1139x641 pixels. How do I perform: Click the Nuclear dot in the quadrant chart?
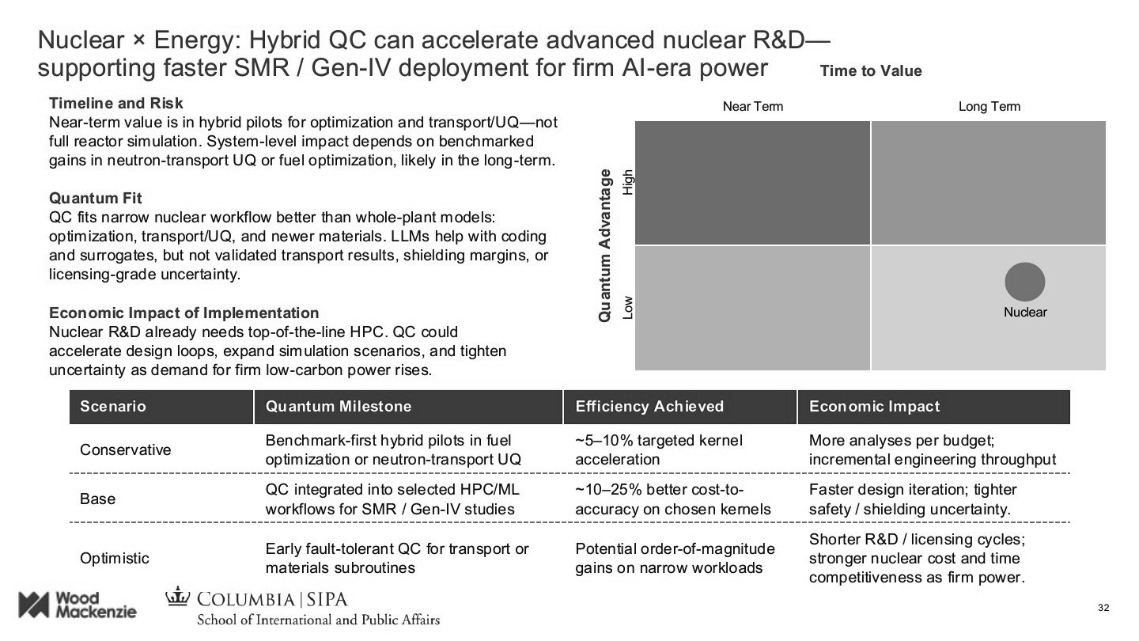point(1024,282)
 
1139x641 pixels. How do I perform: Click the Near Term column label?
point(752,107)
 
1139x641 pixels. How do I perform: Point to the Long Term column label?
point(989,107)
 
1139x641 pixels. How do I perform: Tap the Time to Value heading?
point(870,71)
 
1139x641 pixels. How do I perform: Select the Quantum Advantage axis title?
point(605,245)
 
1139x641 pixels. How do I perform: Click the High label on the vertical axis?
point(628,183)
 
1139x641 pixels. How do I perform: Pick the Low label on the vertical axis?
point(628,307)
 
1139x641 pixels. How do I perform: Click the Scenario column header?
point(113,407)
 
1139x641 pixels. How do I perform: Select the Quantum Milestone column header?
point(339,407)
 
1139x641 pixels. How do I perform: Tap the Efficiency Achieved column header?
point(649,407)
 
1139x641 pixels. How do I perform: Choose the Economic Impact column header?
point(874,407)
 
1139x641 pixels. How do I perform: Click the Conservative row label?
point(125,450)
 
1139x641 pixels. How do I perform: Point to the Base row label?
point(97,499)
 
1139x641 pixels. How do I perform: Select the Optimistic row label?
point(115,559)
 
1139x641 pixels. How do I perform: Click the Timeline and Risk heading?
point(115,104)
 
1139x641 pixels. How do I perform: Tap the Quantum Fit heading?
point(95,198)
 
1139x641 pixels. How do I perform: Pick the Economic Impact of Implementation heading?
point(184,313)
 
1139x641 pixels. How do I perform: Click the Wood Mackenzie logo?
point(78,605)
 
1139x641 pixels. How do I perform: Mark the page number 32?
point(1103,608)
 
